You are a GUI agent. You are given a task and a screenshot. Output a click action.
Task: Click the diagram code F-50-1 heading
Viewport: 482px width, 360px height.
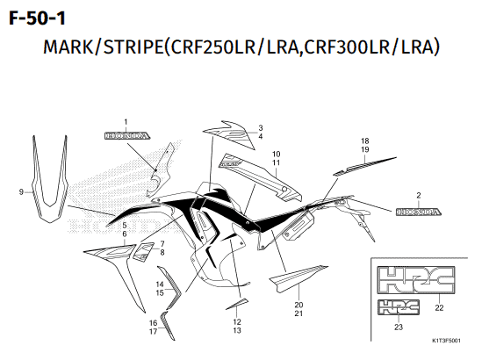tap(37, 18)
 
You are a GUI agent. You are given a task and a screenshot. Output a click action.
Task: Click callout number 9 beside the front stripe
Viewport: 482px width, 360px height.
tap(21, 191)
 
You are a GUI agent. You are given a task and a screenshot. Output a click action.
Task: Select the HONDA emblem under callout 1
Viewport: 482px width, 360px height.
tap(127, 135)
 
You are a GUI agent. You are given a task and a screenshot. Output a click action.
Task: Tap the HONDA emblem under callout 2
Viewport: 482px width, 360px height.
tap(419, 212)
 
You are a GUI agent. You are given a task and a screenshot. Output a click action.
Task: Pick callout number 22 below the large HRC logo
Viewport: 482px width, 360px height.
tap(439, 307)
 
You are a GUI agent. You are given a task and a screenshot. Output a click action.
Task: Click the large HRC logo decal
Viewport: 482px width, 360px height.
tap(416, 280)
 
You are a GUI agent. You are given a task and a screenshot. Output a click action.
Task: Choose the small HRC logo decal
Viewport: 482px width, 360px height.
tap(399, 307)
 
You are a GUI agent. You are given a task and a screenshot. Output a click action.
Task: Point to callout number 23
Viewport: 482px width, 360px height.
tap(399, 328)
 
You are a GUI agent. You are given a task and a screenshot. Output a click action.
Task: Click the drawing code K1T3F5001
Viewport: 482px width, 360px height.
tap(446, 341)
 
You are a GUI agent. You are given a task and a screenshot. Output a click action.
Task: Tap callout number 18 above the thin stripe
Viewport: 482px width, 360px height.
tap(365, 140)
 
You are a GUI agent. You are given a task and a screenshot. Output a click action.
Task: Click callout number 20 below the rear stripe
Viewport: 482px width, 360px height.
tap(299, 305)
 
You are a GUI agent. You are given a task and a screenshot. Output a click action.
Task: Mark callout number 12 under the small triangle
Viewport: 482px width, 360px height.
tap(237, 321)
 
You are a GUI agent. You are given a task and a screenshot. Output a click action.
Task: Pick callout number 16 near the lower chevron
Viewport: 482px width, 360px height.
tap(153, 323)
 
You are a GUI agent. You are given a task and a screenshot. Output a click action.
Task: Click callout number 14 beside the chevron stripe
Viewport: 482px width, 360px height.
tap(160, 284)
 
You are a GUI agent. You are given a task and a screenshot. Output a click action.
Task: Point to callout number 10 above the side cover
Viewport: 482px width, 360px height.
tap(276, 154)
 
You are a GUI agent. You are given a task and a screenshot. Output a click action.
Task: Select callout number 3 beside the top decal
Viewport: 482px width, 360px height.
tap(261, 127)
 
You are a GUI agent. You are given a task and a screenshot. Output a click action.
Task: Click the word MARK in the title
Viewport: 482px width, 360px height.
tap(68, 47)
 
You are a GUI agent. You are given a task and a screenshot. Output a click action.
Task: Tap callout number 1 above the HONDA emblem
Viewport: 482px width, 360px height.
tap(126, 122)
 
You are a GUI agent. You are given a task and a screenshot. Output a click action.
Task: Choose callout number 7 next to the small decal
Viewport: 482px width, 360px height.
tap(162, 244)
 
